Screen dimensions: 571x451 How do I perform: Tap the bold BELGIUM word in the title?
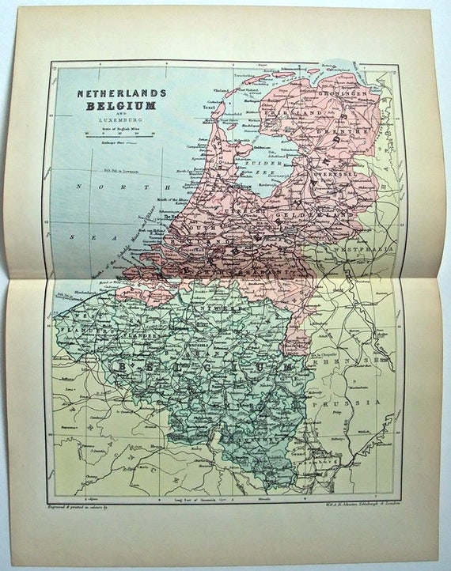114,105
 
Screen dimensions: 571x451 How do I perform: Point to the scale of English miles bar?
114,134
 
